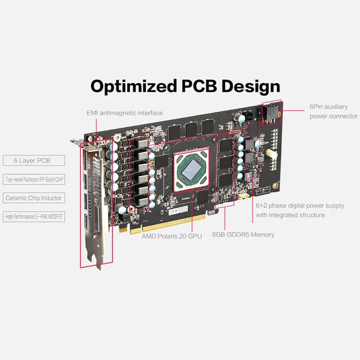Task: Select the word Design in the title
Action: pos(250,86)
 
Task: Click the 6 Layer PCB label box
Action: pos(34,161)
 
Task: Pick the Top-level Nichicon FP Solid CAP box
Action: pos(34,179)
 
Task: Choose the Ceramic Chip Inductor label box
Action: pos(34,198)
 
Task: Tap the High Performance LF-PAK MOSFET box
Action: pos(34,216)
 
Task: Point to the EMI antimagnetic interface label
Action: pos(124,113)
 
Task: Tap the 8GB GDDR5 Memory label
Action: pos(243,235)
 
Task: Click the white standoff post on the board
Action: pos(272,153)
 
